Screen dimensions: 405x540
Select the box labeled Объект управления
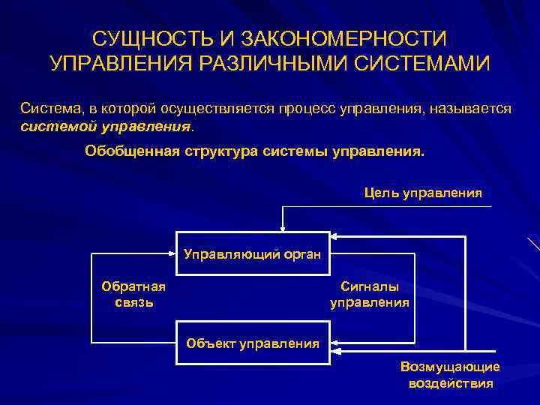coord(253,343)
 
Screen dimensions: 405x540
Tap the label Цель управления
coord(423,193)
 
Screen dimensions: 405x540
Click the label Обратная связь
coord(134,295)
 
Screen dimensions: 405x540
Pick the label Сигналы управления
coord(370,295)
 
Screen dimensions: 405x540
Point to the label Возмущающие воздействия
coord(450,374)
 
